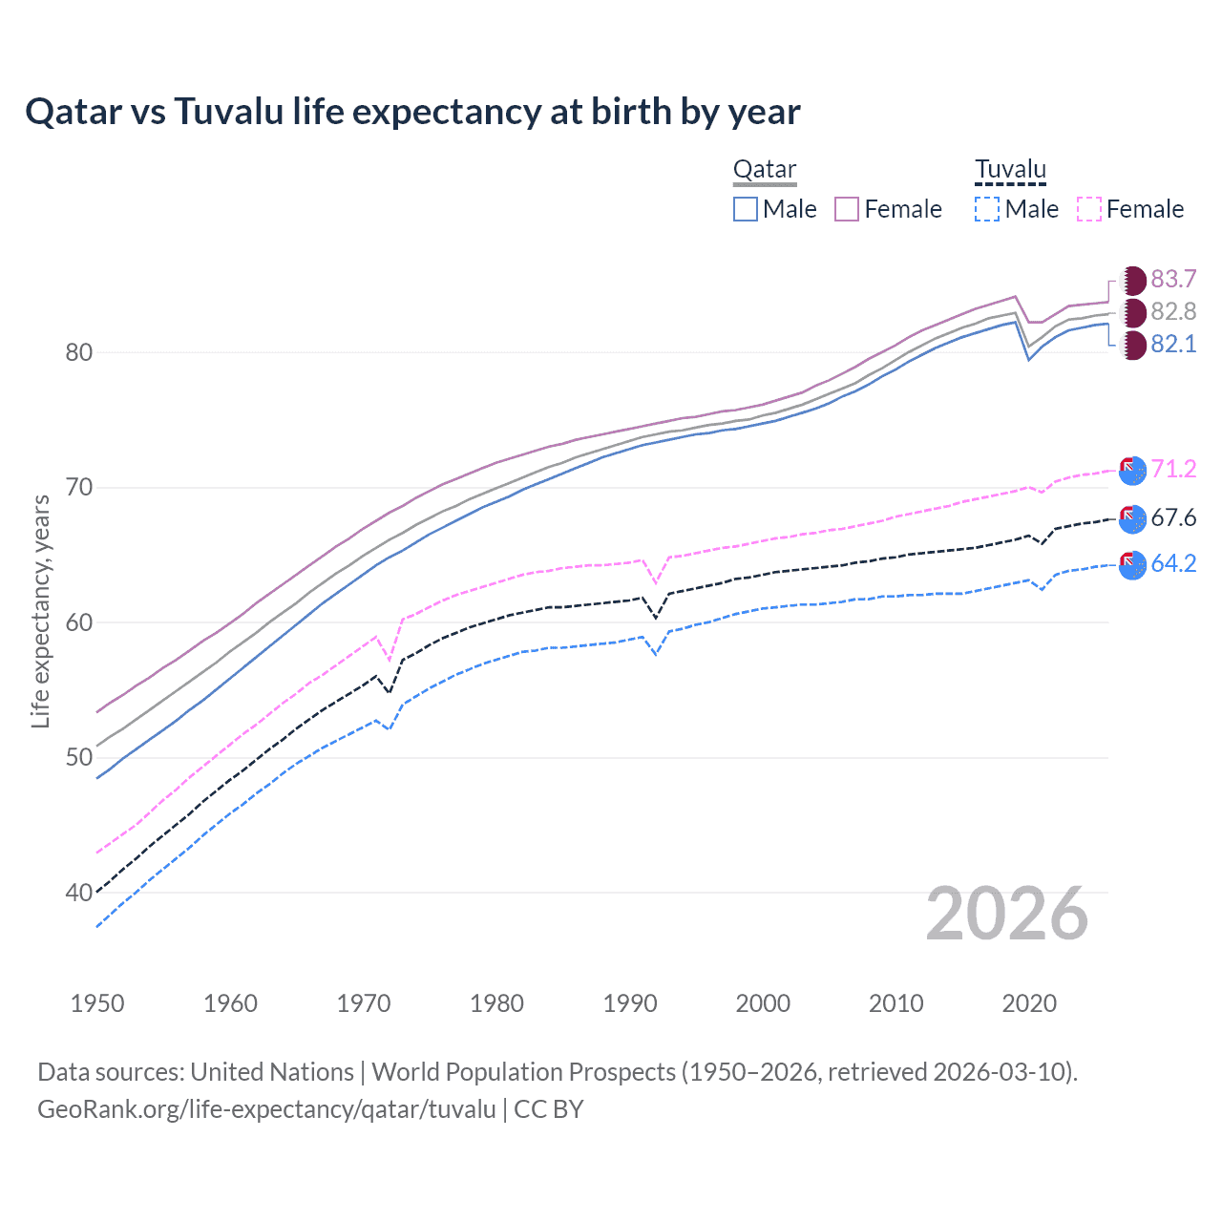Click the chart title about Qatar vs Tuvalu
(x=412, y=112)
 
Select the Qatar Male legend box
(x=746, y=209)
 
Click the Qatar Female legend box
(x=847, y=209)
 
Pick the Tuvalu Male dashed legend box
(x=987, y=209)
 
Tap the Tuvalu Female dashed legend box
(x=1089, y=209)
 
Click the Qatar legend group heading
(x=765, y=170)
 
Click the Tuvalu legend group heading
(x=1010, y=170)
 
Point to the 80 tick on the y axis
(x=79, y=352)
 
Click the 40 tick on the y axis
(x=79, y=893)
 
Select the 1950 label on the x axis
(x=97, y=1003)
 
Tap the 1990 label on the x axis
(x=630, y=1003)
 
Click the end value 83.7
(x=1173, y=279)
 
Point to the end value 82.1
(x=1173, y=345)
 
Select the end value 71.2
(x=1173, y=469)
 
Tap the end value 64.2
(x=1173, y=563)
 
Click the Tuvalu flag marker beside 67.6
(x=1132, y=518)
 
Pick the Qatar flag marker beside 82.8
(x=1133, y=312)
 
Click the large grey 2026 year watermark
(x=1007, y=914)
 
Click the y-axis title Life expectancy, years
(x=40, y=611)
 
